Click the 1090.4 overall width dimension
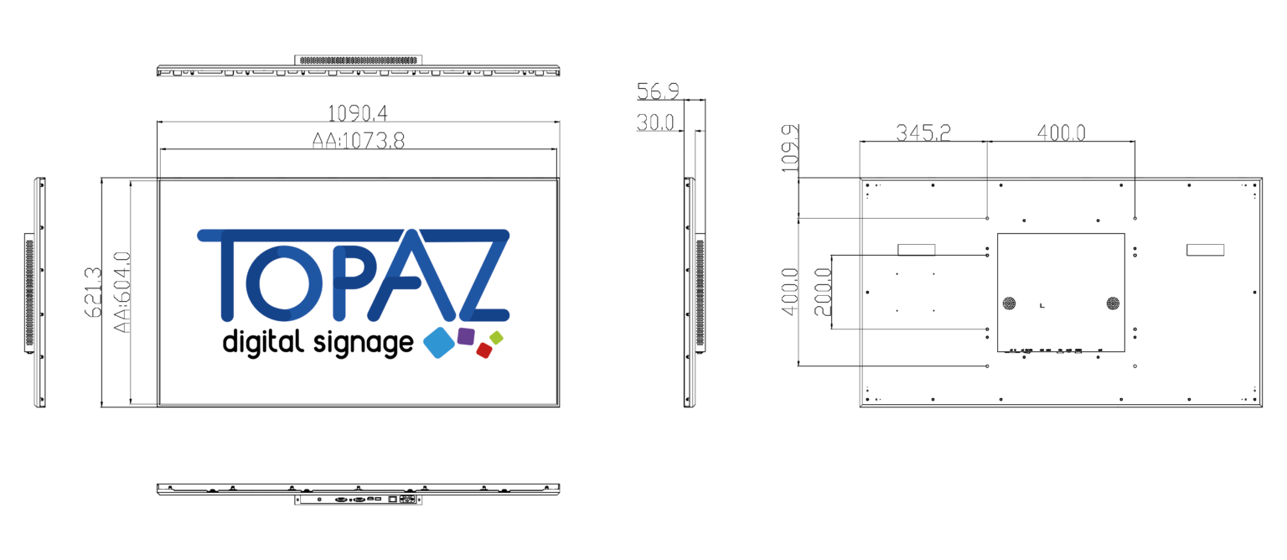[358, 113]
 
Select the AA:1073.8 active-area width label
[359, 140]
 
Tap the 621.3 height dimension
[93, 292]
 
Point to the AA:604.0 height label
[121, 292]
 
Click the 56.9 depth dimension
[658, 91]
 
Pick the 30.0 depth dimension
[655, 122]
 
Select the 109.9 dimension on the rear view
[791, 148]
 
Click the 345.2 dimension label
[923, 132]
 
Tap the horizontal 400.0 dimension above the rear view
[1062, 132]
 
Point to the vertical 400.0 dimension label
[791, 292]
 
